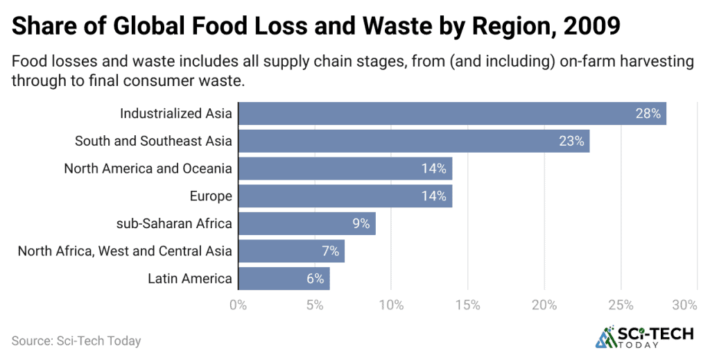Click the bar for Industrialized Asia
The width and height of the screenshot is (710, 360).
point(451,113)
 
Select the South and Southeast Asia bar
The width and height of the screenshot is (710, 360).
point(413,141)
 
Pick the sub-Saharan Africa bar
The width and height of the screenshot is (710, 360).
point(306,223)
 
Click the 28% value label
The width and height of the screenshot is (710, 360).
point(648,113)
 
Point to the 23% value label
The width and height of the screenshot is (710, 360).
point(571,141)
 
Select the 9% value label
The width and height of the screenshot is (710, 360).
point(361,223)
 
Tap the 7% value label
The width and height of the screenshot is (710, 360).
point(330,251)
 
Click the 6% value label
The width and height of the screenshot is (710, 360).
point(315,279)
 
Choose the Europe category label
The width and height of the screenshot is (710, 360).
point(211,196)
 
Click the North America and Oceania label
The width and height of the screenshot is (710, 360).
point(148,169)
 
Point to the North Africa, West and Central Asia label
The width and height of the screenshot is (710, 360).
point(125,251)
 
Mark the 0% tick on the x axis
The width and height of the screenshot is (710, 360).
point(238,305)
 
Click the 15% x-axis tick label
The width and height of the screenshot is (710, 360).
point(467,305)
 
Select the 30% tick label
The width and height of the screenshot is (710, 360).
point(685,305)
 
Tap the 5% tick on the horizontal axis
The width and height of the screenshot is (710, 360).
point(314,305)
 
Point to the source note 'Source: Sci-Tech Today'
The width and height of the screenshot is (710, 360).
point(76,341)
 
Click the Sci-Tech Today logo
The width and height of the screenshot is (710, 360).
point(645,338)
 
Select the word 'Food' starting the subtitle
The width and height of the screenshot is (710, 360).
point(28,61)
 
